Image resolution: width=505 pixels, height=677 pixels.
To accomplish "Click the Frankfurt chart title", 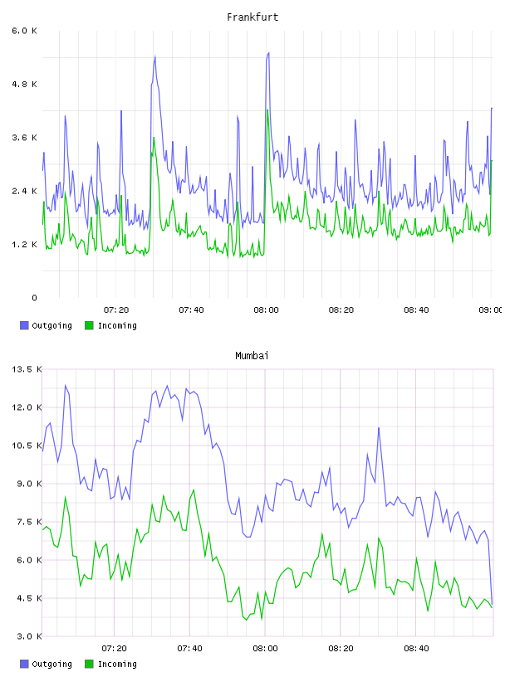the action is [252, 17].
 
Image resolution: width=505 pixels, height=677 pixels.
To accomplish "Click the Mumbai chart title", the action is [252, 356].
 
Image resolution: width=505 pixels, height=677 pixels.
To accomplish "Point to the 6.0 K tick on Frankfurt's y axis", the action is [25, 31].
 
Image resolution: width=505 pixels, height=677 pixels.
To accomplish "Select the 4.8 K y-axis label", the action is [25, 84].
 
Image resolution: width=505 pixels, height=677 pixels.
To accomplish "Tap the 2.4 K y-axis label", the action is [25, 191].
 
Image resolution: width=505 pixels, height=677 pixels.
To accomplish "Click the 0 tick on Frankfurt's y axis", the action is [34, 298].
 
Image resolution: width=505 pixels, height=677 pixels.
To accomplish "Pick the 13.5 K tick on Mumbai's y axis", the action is [27, 369].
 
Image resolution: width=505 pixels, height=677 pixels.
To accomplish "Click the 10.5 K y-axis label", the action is [27, 446].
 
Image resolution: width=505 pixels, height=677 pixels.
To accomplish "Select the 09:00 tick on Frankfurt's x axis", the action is [491, 310].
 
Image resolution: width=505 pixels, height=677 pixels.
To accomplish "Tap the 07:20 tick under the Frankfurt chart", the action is [116, 310].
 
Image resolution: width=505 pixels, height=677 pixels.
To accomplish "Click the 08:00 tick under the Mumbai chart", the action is [266, 649].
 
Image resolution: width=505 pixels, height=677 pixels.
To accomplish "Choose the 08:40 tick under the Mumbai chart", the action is [416, 649].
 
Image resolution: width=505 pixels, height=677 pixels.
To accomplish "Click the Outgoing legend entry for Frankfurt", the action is [46, 325].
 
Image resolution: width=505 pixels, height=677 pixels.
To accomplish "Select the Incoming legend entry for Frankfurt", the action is [111, 325].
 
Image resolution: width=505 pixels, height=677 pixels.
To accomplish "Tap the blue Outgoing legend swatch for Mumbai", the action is [24, 664].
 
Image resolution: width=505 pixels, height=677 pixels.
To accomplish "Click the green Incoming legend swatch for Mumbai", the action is [89, 664].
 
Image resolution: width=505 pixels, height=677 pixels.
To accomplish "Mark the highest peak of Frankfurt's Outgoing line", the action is [268, 53].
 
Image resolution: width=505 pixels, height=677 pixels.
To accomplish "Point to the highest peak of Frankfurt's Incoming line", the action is [267, 110].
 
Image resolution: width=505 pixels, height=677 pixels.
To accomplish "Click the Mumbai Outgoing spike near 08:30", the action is [379, 428].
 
